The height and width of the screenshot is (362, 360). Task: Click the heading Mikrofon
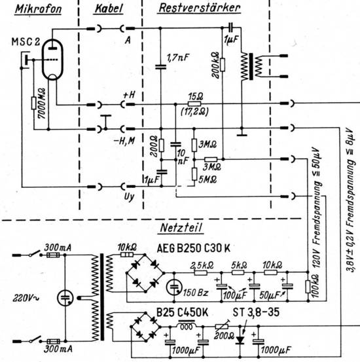(39, 9)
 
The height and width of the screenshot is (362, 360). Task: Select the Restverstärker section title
(200, 8)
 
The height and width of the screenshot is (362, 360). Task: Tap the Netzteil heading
(181, 228)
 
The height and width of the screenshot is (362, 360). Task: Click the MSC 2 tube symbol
(52, 60)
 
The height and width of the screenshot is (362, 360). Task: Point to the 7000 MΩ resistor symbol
(34, 103)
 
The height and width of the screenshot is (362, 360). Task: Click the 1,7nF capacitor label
(178, 57)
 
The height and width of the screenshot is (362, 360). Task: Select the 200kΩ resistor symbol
(223, 65)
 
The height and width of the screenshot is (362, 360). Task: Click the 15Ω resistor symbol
(194, 103)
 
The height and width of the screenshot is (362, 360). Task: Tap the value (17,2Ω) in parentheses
(194, 112)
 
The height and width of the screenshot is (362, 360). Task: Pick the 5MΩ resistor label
(207, 179)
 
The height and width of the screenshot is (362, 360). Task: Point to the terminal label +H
(130, 95)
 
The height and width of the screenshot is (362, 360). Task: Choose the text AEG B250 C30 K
(194, 248)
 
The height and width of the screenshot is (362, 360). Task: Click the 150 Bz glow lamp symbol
(174, 287)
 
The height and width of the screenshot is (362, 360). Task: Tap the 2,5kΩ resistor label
(202, 265)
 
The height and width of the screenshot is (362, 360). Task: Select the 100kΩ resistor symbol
(308, 287)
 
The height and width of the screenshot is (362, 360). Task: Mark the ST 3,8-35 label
(256, 313)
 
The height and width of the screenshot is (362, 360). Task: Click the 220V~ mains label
(26, 299)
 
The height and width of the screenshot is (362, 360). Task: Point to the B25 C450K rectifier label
(182, 313)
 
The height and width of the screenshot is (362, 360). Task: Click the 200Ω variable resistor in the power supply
(222, 326)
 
